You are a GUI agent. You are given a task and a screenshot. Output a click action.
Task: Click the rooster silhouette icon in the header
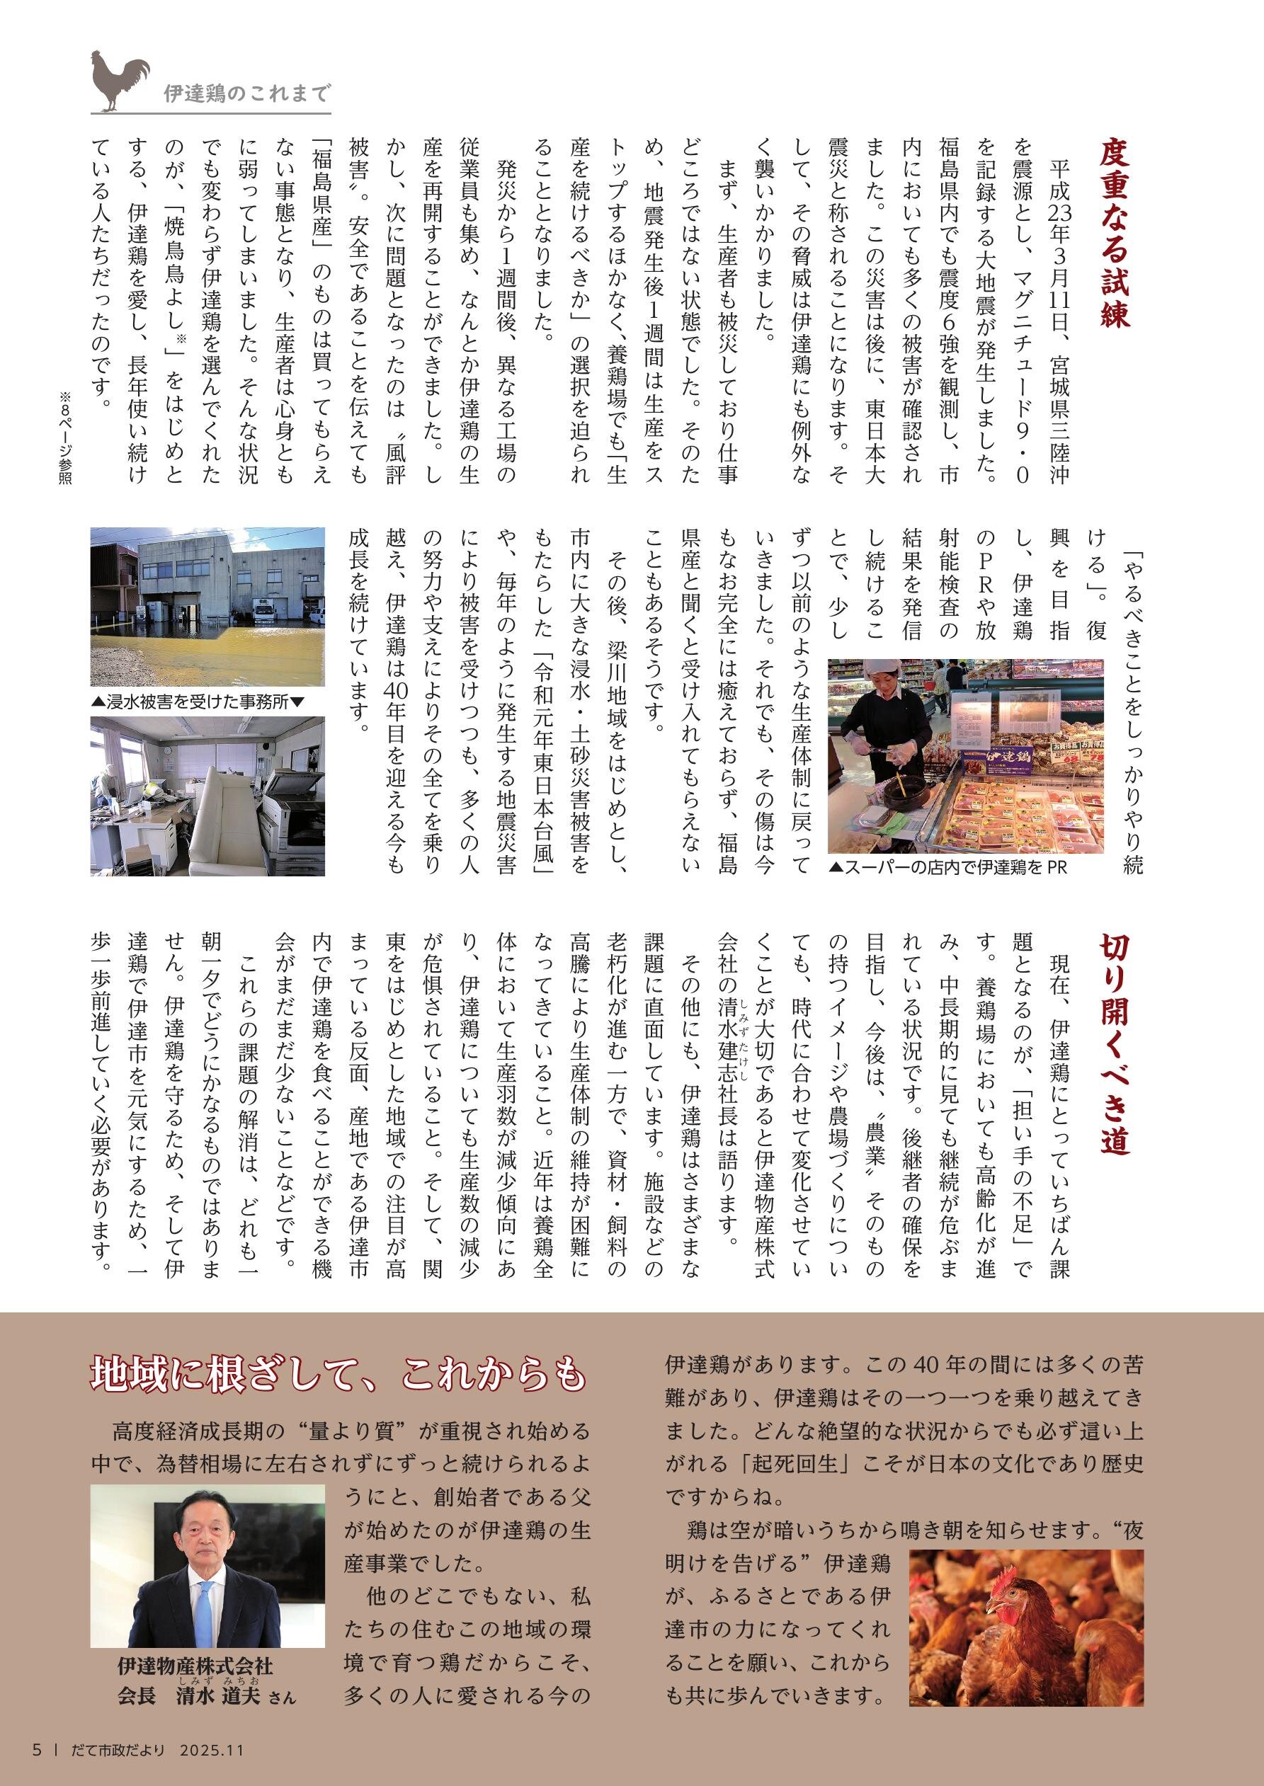point(119,80)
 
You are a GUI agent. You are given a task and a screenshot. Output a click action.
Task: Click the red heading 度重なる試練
point(1114,234)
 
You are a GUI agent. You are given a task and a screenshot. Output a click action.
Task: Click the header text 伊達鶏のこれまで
point(246,94)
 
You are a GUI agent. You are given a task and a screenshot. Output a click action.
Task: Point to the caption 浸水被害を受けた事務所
point(199,702)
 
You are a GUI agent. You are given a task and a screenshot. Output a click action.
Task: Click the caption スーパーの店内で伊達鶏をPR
point(949,866)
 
